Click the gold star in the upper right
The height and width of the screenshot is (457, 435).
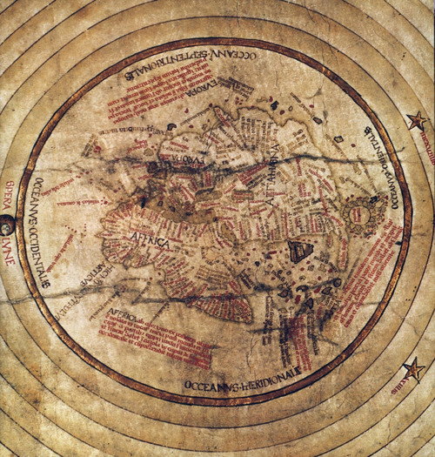pyautogui.click(x=417, y=120)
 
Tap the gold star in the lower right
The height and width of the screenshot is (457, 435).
pyautogui.click(x=415, y=369)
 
